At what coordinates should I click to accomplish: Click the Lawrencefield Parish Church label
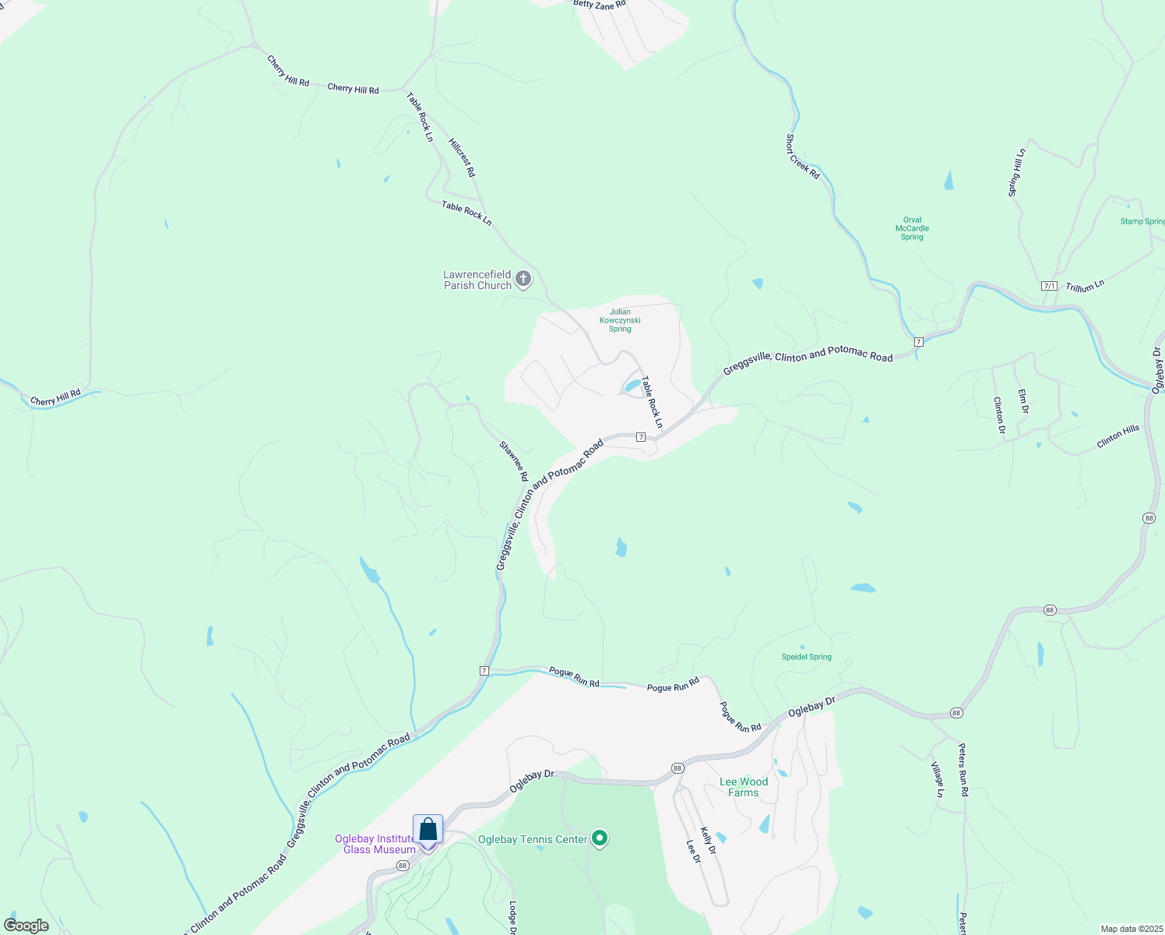477,280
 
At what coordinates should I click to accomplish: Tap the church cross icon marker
523,279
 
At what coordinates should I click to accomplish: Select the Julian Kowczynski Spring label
620,320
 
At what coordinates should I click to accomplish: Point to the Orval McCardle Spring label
912,229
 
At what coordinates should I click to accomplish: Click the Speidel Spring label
807,657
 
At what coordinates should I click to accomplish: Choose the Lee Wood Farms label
744,787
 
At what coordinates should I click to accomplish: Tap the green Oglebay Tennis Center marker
600,838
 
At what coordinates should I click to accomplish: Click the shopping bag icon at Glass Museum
428,830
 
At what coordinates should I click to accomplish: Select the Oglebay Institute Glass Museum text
375,844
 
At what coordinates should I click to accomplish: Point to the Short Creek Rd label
802,157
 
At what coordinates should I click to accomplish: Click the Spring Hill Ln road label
1017,172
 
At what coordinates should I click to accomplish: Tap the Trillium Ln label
1085,287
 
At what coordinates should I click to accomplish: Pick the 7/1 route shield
1049,286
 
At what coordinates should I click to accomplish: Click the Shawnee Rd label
514,460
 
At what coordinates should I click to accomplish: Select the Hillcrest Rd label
462,157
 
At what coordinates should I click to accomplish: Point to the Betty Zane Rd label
600,5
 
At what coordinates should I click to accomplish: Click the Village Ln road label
938,779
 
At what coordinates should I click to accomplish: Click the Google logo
26,926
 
